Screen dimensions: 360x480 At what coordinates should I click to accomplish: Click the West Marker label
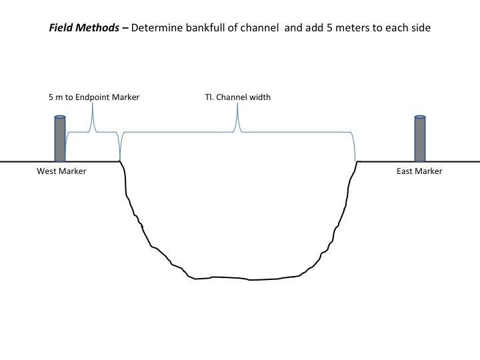[x=61, y=171]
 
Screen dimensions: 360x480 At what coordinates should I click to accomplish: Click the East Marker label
[x=419, y=171]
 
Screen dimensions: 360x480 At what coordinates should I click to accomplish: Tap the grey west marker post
[x=60, y=140]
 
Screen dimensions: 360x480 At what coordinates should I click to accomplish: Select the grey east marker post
[x=420, y=140]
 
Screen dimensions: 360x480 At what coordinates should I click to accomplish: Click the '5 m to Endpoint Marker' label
[x=94, y=97]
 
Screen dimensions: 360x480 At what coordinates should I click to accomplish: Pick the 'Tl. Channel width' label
[x=238, y=97]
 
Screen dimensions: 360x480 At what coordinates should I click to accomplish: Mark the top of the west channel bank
[x=120, y=162]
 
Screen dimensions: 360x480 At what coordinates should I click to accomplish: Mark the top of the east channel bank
[x=355, y=162]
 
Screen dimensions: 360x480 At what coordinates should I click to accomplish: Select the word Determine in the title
[x=161, y=29]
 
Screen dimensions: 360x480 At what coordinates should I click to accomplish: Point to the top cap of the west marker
[x=60, y=118]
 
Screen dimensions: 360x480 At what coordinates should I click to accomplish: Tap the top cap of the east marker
[x=420, y=118]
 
